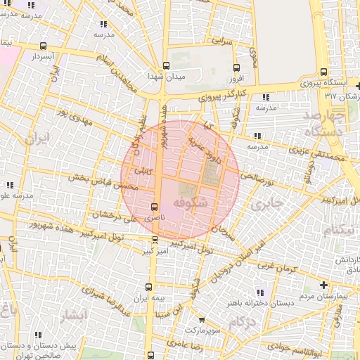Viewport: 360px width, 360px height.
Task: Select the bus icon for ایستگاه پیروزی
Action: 323,72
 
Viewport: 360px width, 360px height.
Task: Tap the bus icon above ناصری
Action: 155,206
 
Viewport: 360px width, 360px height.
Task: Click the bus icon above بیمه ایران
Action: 148,287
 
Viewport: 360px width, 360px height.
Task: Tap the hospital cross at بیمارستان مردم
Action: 323,285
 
